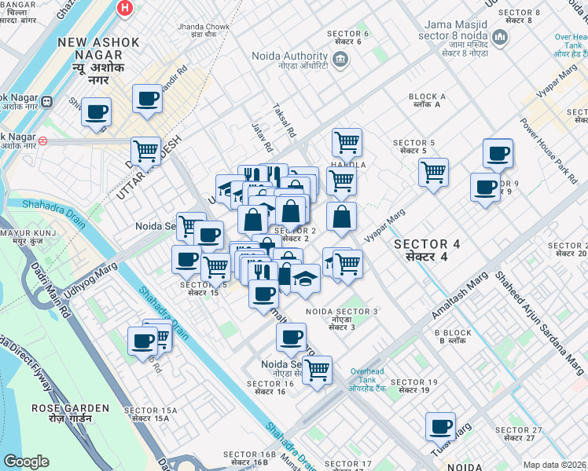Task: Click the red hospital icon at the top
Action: tap(123, 9)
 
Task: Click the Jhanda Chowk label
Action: tap(203, 31)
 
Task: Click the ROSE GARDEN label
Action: tap(59, 413)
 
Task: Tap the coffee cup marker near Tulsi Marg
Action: tap(440, 425)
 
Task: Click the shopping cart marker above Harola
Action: tap(347, 142)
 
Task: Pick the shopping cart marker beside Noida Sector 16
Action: tap(317, 369)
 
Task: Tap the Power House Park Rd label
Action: tap(549, 150)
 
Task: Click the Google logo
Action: tap(26, 462)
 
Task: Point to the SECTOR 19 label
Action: tap(417, 385)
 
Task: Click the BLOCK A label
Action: tap(428, 101)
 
